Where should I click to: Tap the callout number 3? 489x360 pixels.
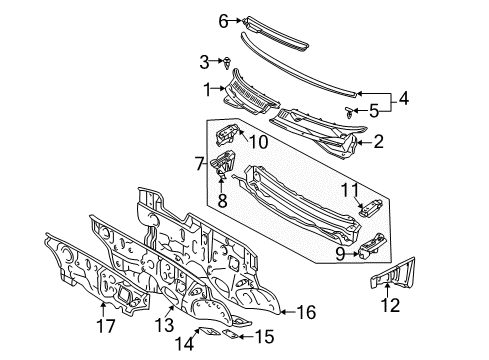204,61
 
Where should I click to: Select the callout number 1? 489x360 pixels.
208,90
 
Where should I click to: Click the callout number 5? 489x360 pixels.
375,110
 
